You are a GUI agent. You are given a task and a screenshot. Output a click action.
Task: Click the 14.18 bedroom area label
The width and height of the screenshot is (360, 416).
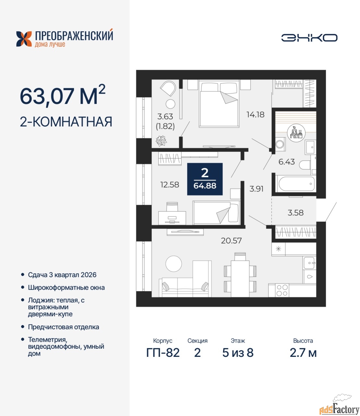tap(255, 115)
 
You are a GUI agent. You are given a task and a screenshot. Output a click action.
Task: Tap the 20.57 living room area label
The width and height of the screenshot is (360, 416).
tap(231, 241)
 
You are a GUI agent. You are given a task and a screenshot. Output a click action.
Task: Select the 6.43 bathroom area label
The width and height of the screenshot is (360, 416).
tap(287, 162)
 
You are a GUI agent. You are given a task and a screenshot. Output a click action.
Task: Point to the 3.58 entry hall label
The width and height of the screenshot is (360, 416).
tap(295, 213)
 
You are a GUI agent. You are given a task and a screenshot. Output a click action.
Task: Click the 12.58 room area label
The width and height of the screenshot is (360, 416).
tap(170, 185)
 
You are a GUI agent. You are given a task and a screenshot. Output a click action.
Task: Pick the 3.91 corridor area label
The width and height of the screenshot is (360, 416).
tap(256, 189)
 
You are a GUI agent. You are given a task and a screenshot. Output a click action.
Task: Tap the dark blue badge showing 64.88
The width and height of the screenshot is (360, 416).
tap(205, 179)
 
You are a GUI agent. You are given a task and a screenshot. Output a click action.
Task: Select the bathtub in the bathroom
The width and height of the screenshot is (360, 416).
tap(295, 184)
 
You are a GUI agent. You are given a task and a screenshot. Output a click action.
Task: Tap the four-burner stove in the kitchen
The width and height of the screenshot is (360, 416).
tap(282, 290)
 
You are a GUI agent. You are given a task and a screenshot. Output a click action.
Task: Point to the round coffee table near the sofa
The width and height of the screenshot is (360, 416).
tap(174, 264)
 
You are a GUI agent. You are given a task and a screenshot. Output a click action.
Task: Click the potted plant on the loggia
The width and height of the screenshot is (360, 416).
tap(161, 141)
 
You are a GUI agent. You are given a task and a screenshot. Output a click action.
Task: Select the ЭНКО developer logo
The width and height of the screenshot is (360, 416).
tap(309, 38)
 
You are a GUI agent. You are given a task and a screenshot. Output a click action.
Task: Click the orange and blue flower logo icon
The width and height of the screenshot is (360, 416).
tap(24, 39)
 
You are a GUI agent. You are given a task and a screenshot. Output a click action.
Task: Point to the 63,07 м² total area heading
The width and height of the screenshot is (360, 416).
tap(63, 96)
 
